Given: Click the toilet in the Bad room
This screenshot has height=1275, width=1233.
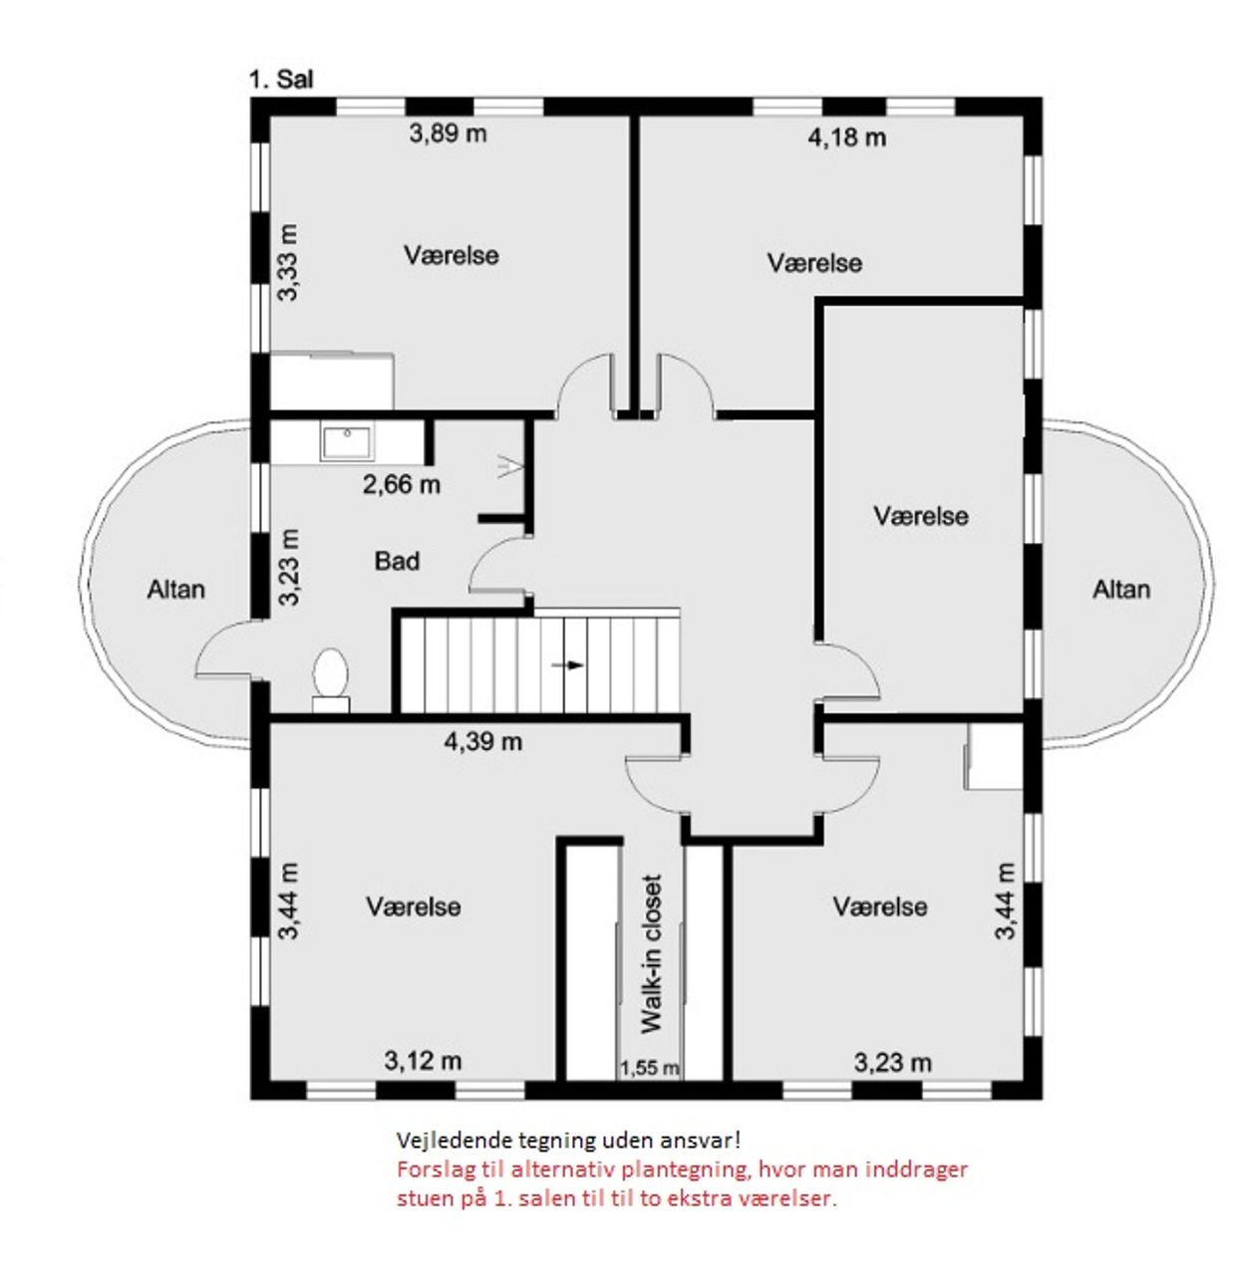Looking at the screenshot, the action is click(x=330, y=679).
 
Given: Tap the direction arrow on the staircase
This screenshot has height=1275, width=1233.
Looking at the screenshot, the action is click(x=567, y=665).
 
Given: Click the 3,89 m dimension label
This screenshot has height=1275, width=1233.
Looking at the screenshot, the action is click(x=448, y=133).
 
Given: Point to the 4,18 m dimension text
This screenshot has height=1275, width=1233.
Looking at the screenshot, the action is click(x=846, y=137).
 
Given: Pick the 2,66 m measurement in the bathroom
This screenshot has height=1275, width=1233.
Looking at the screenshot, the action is click(x=401, y=485).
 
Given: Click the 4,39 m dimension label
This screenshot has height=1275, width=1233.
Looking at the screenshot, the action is click(x=483, y=742).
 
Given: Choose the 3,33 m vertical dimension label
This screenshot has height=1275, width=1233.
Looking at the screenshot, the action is click(x=288, y=262).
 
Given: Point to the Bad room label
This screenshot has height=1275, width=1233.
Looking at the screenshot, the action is click(x=397, y=561).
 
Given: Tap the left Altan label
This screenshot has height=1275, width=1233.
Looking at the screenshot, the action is click(x=175, y=590).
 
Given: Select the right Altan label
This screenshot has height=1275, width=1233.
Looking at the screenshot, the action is click(x=1121, y=590).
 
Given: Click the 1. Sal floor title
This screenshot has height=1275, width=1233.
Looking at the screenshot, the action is click(x=280, y=80).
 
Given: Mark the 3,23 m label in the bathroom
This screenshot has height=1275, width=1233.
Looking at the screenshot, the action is click(x=288, y=567).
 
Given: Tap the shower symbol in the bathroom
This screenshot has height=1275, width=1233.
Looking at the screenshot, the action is click(x=510, y=465).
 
